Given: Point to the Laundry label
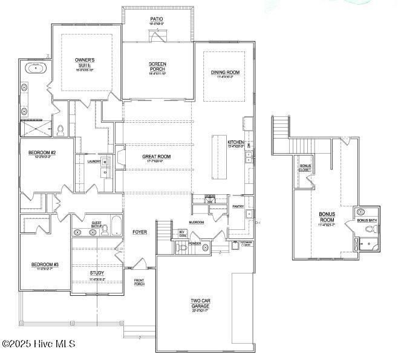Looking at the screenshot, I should (94, 162).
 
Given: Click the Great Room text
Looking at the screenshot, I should (156, 157).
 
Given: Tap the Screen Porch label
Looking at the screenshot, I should (157, 67).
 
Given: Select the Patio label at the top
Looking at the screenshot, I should (157, 19).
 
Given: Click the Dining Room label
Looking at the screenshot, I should (225, 73).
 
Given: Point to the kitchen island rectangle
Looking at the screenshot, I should (218, 157).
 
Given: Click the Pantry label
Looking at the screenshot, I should (238, 207).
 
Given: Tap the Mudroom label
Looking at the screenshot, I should (196, 222).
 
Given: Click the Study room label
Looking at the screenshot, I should (97, 273).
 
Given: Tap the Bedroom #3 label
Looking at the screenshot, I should (45, 264).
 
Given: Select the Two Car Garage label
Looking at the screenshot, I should (200, 303).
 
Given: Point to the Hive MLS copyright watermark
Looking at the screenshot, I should (39, 344).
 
